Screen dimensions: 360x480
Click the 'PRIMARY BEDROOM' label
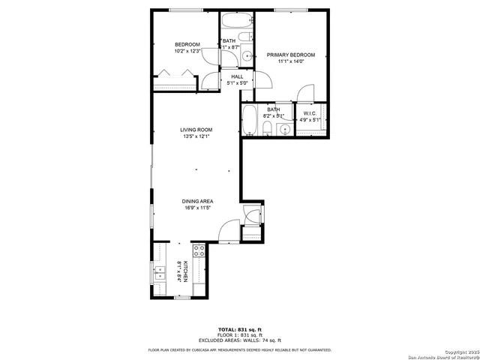pyautogui.click(x=291, y=55)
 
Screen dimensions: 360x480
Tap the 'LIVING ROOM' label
pyautogui.click(x=196, y=130)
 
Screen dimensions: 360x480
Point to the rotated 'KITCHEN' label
pyautogui.click(x=184, y=270)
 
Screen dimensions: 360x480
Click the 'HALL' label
pyautogui.click(x=237, y=76)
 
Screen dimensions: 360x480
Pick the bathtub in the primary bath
pyautogui.click(x=250, y=120)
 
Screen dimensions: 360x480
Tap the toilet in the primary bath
pyautogui.click(x=268, y=130)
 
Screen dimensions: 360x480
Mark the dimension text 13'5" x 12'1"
pyautogui.click(x=196, y=136)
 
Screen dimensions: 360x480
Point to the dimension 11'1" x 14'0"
pyautogui.click(x=291, y=62)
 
